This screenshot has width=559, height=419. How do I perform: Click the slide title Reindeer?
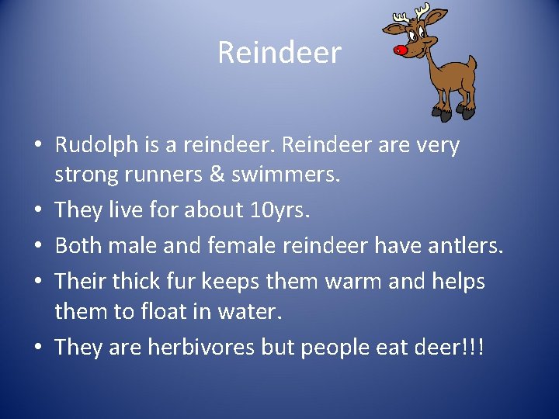pyautogui.click(x=279, y=53)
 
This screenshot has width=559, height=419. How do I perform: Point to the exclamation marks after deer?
pyautogui.click(x=475, y=346)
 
